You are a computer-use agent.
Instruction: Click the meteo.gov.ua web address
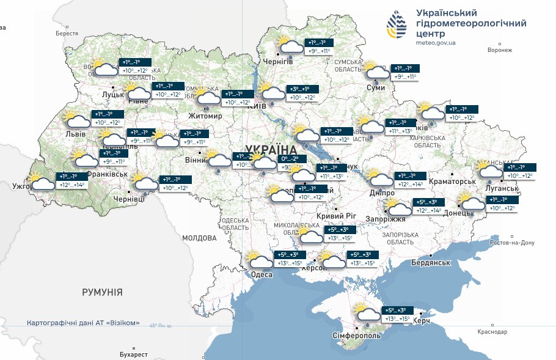click(436, 43)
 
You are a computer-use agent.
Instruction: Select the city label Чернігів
click(278, 62)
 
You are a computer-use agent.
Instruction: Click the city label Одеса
click(262, 275)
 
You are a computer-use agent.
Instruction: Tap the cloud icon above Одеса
click(261, 261)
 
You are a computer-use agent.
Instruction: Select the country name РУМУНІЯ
click(102, 292)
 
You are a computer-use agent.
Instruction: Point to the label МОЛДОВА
click(199, 238)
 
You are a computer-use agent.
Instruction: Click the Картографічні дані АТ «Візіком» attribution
click(84, 323)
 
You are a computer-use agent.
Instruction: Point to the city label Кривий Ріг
click(336, 217)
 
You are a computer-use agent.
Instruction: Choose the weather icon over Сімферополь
click(368, 314)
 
